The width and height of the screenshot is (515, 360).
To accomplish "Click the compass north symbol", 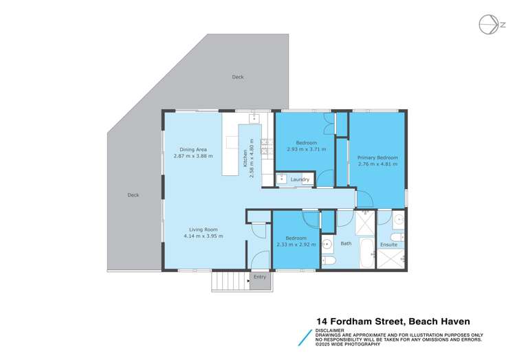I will [x=489, y=24].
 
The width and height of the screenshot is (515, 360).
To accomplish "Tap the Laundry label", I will [x=300, y=180].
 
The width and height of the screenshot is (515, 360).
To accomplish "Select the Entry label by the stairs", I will [x=259, y=277].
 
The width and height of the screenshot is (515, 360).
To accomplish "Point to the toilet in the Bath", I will [x=329, y=262].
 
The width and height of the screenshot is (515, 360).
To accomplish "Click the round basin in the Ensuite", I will [x=398, y=222].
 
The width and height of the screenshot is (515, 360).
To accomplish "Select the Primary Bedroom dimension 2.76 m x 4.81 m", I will [x=377, y=165].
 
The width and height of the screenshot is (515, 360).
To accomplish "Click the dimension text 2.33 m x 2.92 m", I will [x=296, y=245].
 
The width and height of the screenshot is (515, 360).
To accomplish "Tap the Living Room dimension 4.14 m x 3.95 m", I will [x=204, y=236].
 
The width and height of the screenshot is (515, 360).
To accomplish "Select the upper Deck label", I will [x=237, y=77].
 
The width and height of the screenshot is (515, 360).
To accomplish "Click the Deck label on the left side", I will [x=133, y=194].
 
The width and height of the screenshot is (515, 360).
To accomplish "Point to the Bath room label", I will [x=346, y=243].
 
